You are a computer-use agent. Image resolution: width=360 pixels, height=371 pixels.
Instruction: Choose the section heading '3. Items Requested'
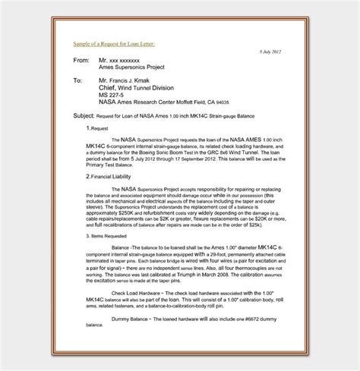108,236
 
